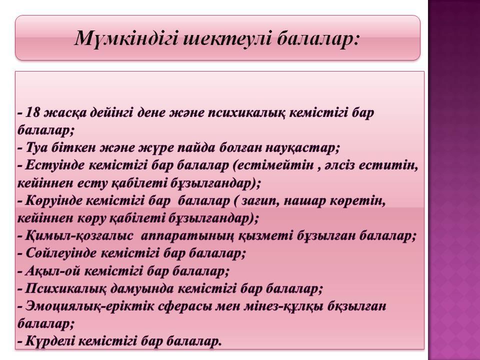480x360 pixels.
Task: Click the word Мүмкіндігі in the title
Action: (126, 39)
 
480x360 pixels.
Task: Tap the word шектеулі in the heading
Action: (226, 38)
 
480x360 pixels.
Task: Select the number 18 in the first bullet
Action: (33, 112)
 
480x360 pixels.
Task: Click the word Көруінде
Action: (54, 201)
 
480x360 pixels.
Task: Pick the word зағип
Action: (259, 201)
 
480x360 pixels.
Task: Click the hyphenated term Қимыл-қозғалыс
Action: (79, 236)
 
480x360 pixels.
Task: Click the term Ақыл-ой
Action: (52, 271)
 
